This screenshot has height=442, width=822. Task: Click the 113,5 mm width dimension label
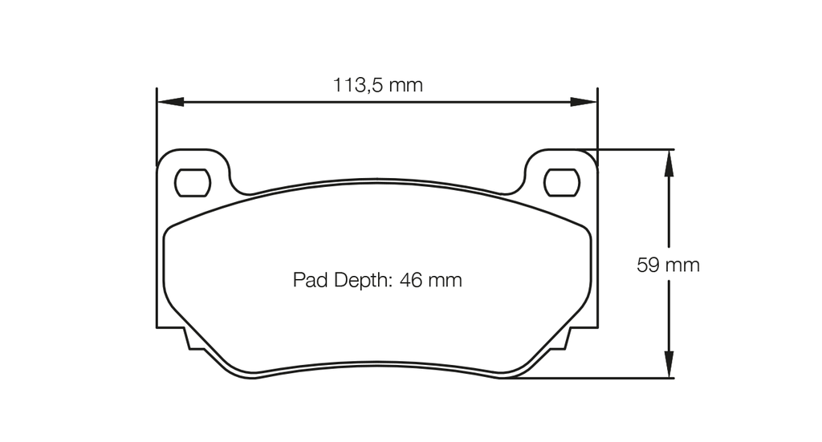click(377, 85)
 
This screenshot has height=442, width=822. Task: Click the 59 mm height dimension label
click(668, 265)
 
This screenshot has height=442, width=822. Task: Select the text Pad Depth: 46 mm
click(377, 280)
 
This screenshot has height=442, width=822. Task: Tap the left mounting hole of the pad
click(193, 183)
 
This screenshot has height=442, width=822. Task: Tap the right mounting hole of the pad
click(561, 183)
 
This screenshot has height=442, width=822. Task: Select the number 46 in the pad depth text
click(411, 280)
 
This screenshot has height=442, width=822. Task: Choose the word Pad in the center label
click(307, 280)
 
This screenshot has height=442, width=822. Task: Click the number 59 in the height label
click(649, 265)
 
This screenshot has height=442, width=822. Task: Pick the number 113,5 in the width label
click(358, 85)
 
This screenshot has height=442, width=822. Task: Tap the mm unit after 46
click(445, 280)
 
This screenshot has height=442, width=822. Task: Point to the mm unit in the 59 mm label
click(682, 265)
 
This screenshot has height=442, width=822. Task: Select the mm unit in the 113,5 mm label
click(405, 85)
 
